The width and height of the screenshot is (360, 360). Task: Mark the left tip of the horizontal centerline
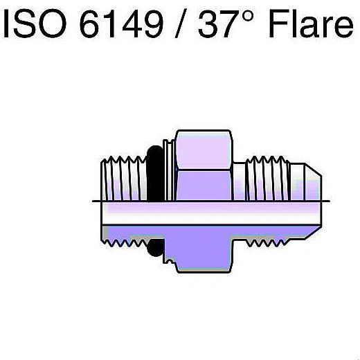(93, 201)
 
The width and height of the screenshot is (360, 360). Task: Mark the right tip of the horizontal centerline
(330, 201)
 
